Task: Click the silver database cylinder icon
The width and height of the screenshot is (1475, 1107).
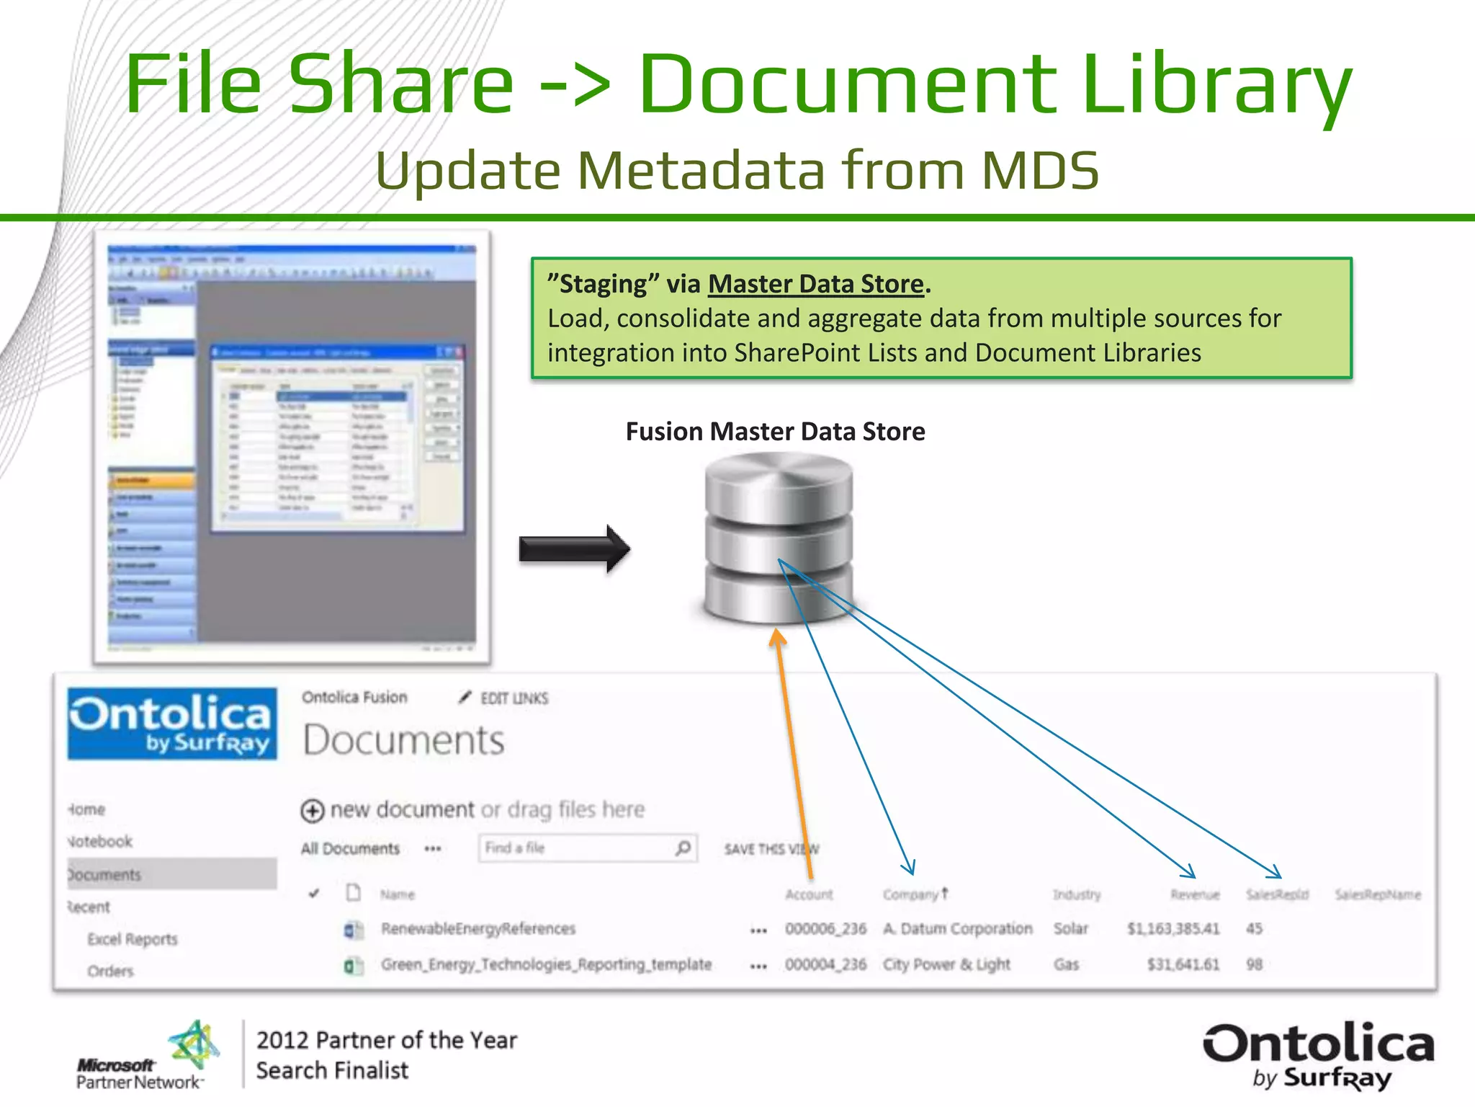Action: point(778,537)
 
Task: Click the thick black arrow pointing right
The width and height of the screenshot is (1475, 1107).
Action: point(574,549)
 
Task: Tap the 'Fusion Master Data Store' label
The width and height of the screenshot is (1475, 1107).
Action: point(775,432)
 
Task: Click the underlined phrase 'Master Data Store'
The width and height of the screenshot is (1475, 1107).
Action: point(815,284)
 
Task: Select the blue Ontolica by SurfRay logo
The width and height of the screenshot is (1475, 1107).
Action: point(172,724)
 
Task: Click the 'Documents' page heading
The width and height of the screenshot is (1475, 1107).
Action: point(403,740)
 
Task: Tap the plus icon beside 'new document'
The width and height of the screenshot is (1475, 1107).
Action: point(312,811)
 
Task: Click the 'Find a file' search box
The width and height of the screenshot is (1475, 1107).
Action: point(580,848)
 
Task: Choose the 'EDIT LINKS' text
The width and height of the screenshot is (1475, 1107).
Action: point(514,698)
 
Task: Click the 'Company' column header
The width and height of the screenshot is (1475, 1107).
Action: point(911,894)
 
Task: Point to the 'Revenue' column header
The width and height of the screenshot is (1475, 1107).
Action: point(1195,894)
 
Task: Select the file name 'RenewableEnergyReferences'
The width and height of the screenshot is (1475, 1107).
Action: point(478,928)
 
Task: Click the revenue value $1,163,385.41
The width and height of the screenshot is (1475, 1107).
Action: point(1173,928)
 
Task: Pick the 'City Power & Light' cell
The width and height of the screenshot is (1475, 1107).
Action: point(946,964)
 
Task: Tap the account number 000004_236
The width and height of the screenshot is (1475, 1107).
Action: point(825,964)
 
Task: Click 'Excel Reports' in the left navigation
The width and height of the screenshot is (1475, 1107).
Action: point(133,939)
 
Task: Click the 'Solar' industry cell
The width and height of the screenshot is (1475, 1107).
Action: point(1070,928)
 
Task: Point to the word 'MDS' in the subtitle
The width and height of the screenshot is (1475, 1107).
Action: point(1040,171)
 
